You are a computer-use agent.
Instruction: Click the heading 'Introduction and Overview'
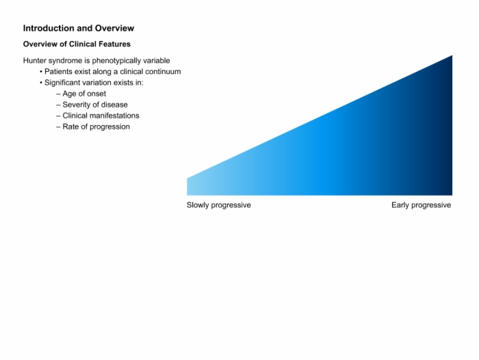[x=79, y=28]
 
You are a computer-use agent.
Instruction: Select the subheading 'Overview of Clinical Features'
[x=77, y=44]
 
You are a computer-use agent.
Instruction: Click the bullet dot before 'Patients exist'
[x=41, y=72]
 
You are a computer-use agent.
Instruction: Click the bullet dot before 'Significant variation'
[x=41, y=83]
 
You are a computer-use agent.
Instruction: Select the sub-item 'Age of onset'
[x=84, y=94]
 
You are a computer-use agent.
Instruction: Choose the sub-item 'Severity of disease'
[x=95, y=105]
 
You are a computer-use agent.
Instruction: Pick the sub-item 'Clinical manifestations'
[x=101, y=116]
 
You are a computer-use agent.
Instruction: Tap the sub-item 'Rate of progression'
[x=96, y=127]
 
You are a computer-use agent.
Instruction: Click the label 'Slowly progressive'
[x=219, y=205]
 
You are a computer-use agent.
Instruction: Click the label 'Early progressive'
[x=422, y=205]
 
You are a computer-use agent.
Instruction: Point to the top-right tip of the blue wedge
[x=452, y=55]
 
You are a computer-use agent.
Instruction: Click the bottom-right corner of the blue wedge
[x=452, y=195]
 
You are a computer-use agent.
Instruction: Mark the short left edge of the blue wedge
[x=187, y=187]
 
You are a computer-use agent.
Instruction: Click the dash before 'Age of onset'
[x=58, y=94]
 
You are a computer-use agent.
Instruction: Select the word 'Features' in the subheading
[x=115, y=44]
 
